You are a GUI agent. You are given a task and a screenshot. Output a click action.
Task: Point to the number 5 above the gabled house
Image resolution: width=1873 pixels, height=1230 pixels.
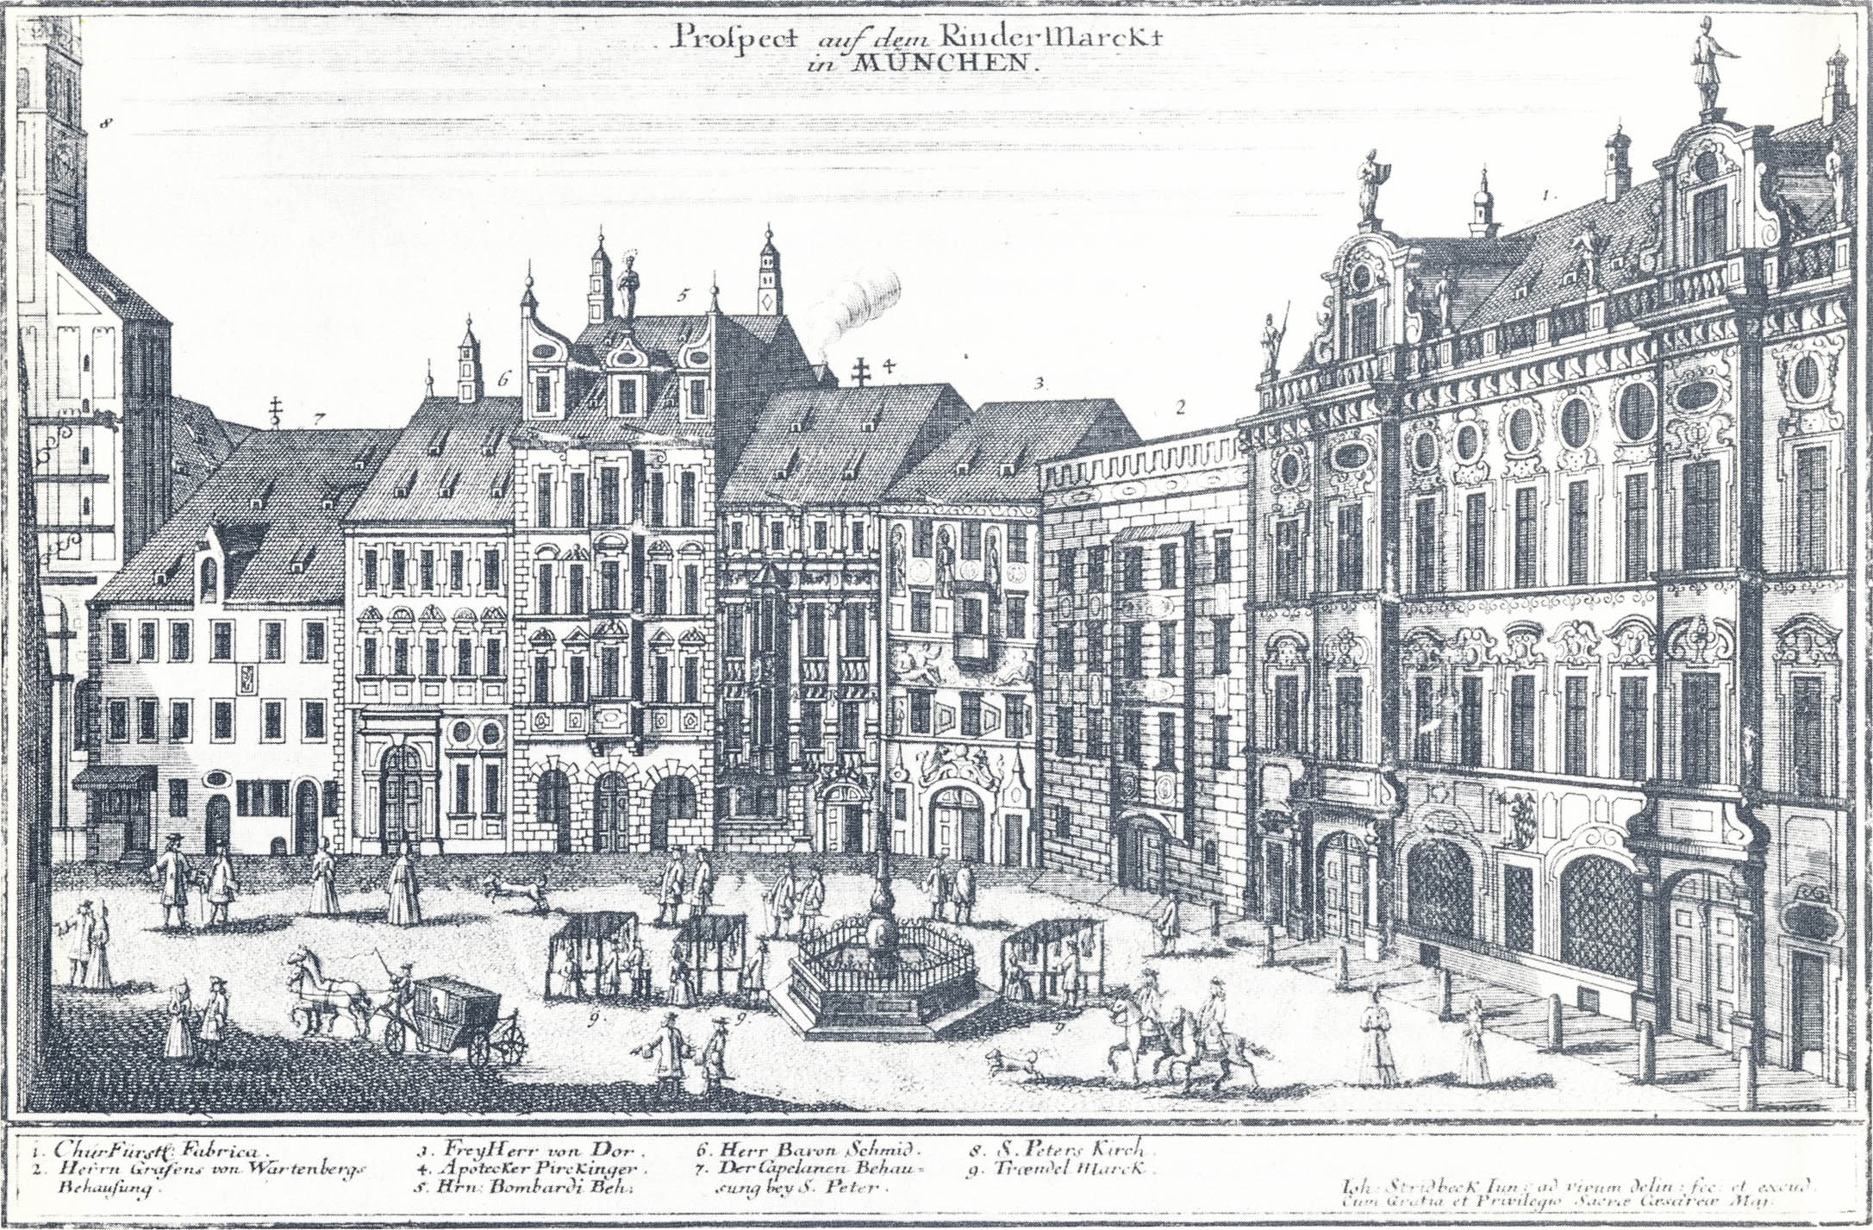(x=682, y=297)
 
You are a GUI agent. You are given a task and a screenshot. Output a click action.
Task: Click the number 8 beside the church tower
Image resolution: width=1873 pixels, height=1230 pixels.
(x=107, y=124)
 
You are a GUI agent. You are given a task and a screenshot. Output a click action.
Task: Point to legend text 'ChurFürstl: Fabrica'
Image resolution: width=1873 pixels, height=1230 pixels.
(x=151, y=1151)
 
